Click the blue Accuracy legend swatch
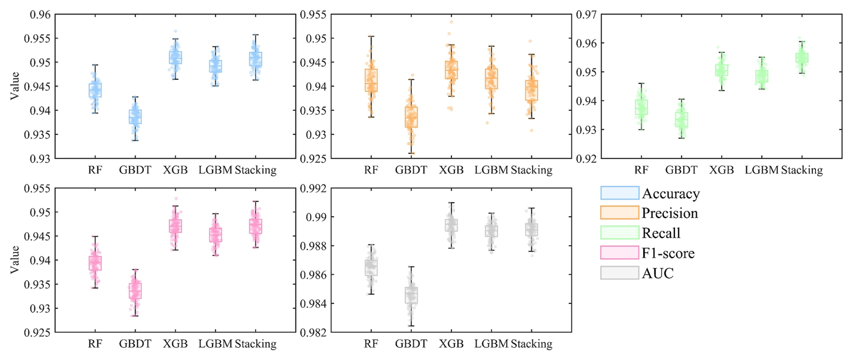(619, 193)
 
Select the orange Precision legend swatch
(619, 213)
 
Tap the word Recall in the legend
(661, 233)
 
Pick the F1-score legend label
(668, 253)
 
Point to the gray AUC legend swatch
(619, 273)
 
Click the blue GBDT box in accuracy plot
(135, 117)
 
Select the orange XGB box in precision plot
(451, 70)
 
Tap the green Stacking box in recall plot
(802, 58)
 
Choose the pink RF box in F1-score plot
(95, 263)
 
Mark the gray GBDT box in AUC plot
(411, 295)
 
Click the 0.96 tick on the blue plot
(40, 15)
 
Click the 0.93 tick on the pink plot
(40, 309)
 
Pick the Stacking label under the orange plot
(531, 170)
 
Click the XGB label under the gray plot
(451, 344)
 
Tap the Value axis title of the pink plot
(15, 260)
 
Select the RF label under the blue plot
(95, 170)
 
